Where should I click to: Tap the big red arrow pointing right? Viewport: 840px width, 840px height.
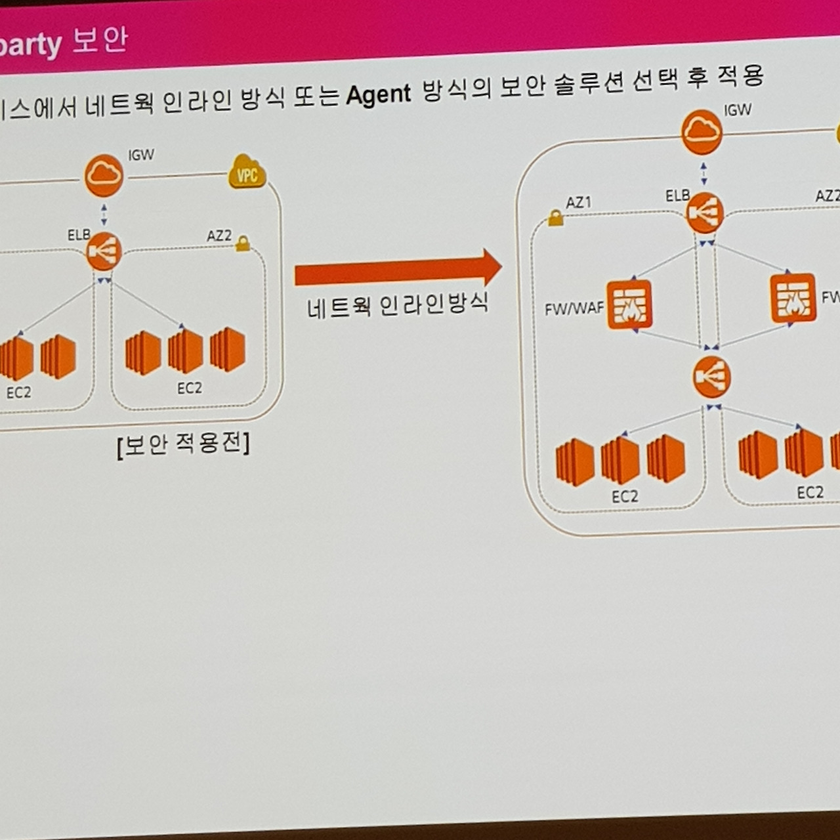click(398, 269)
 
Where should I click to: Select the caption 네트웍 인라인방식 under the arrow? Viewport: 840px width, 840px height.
click(398, 305)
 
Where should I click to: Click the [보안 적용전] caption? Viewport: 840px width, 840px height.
click(183, 445)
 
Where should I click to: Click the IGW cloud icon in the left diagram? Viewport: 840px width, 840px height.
click(104, 175)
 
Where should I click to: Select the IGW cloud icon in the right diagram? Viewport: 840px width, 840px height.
click(702, 132)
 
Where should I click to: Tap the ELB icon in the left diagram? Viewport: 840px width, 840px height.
click(104, 251)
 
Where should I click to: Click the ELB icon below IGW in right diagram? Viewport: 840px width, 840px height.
click(705, 213)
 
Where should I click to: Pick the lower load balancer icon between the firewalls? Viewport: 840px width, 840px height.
click(711, 377)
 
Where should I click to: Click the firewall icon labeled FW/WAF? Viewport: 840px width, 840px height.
click(629, 304)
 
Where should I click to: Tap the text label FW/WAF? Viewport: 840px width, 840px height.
click(574, 308)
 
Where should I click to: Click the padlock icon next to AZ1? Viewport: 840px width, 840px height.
click(555, 218)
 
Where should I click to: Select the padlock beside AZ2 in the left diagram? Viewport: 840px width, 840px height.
click(243, 243)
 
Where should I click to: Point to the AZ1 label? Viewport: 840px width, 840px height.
click(578, 203)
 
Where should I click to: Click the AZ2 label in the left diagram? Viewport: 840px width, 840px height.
click(219, 236)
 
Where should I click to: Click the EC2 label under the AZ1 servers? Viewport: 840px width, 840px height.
click(624, 497)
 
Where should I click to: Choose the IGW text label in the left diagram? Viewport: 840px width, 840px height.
click(141, 156)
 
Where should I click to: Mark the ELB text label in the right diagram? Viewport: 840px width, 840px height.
click(677, 196)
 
